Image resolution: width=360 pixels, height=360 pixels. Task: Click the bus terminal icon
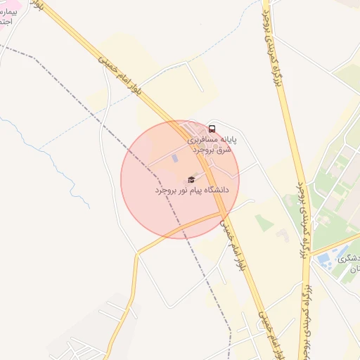(x=212, y=129)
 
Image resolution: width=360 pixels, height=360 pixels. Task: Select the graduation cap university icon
(x=191, y=180)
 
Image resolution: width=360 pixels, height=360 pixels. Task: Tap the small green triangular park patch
(x=263, y=223)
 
